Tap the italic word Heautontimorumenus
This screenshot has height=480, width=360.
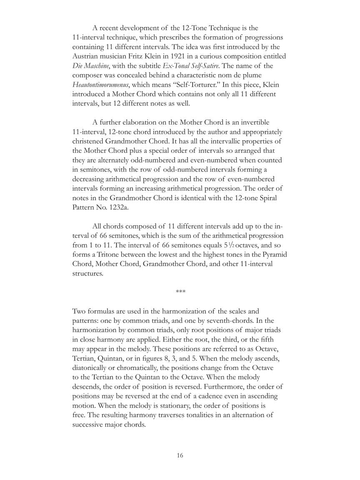pos(100,85)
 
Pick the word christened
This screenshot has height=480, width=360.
pos(89,141)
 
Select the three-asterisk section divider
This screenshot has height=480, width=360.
pos(180,291)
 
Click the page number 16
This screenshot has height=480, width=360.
pos(180,455)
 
